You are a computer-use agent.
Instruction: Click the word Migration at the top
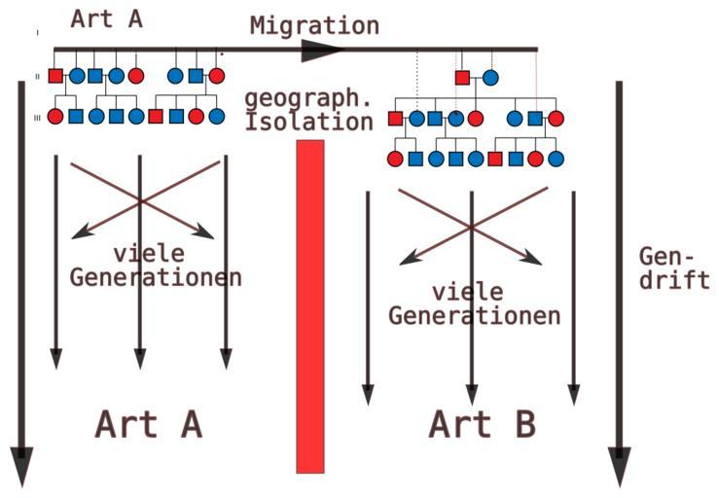click(x=314, y=24)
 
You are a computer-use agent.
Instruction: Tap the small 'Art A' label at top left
click(x=107, y=18)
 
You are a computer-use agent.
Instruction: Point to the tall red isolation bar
click(x=310, y=305)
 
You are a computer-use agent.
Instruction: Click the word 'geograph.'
click(x=308, y=98)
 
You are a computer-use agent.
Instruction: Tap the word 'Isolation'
click(x=308, y=122)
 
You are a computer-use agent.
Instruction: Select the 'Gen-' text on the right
click(x=667, y=256)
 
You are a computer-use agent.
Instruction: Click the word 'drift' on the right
click(x=673, y=280)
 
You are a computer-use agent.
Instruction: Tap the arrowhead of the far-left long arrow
click(x=20, y=465)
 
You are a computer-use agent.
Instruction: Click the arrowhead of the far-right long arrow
click(x=619, y=465)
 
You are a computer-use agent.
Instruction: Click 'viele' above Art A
click(x=149, y=254)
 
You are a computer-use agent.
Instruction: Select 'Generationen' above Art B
click(x=474, y=315)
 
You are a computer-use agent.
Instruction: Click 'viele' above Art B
click(x=468, y=291)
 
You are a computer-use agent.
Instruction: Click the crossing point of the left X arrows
click(x=141, y=199)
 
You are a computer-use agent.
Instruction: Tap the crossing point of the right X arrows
click(x=471, y=227)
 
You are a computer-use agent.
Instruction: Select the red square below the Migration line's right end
click(x=462, y=77)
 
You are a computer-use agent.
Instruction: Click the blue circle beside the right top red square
click(x=491, y=77)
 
